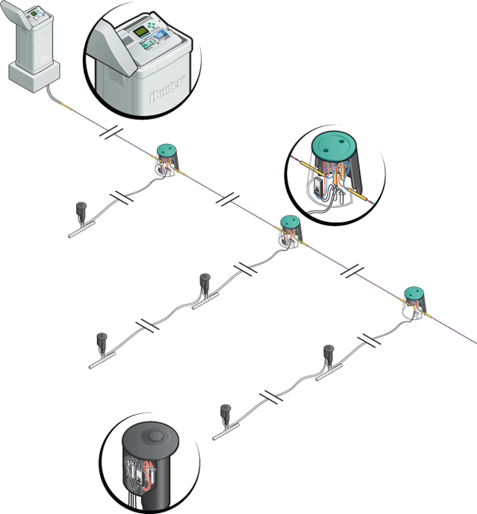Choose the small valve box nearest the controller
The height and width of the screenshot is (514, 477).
click(x=165, y=151)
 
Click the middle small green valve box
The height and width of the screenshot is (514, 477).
click(x=289, y=222)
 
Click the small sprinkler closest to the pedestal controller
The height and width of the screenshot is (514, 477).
click(x=81, y=209)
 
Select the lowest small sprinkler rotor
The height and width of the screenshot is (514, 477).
click(x=225, y=412)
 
